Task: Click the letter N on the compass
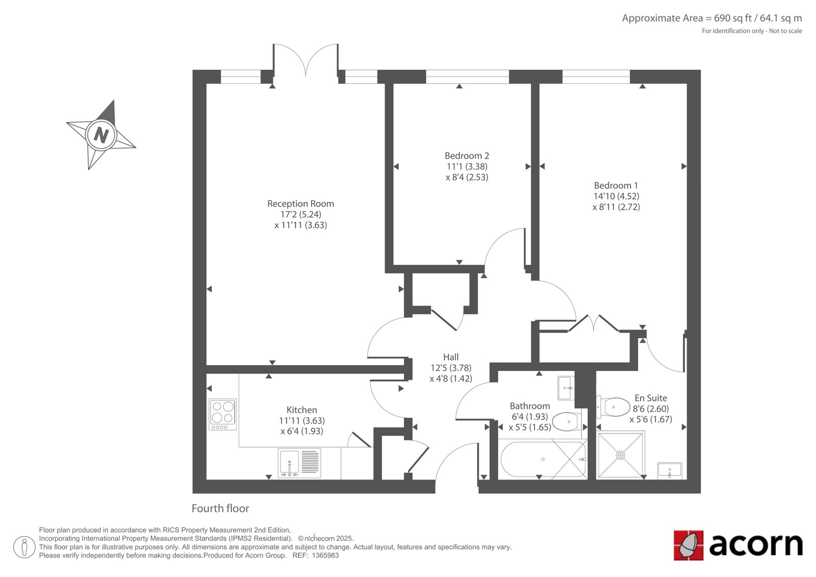[101, 135]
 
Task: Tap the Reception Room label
[300, 204]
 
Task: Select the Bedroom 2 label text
[467, 156]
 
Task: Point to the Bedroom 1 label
[616, 186]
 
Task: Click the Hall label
[451, 357]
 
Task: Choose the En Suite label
[651, 398]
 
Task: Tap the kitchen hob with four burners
[222, 414]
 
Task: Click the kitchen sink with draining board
[299, 463]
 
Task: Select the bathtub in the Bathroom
[543, 459]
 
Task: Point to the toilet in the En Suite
[614, 407]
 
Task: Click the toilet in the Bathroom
[567, 422]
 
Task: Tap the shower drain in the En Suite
[620, 455]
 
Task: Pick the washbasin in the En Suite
[670, 470]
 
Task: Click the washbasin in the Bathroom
[566, 388]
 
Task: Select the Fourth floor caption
[220, 508]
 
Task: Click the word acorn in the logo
[756, 545]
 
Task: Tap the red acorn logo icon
[688, 545]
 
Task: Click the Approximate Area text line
[712, 18]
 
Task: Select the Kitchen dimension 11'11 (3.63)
[302, 420]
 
